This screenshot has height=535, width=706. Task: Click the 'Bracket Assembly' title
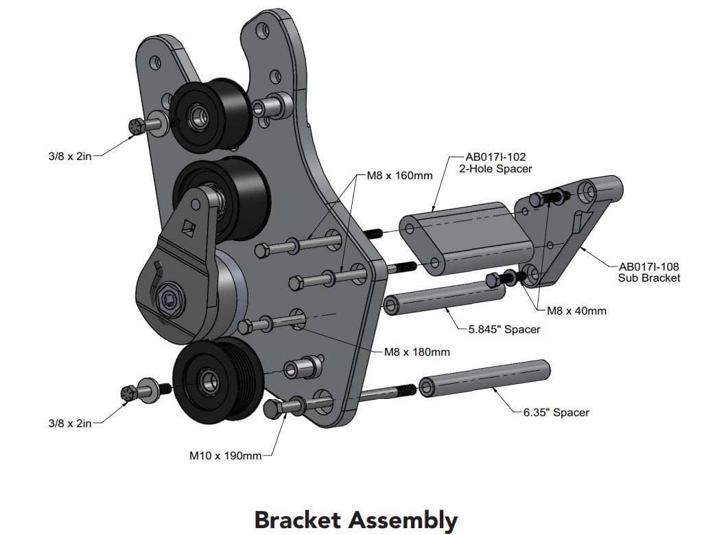355,519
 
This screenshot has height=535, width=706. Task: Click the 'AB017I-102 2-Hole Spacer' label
495,163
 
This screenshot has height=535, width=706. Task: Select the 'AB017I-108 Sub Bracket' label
649,272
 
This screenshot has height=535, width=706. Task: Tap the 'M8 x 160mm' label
400,175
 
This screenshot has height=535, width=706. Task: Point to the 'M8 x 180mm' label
417,352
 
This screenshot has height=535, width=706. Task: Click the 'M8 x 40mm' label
576,310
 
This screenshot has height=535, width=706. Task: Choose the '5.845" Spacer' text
504,329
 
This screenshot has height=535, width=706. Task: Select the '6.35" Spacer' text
556,412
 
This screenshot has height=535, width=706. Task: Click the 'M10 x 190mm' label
226,455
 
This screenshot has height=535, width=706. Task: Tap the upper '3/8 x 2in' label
69,156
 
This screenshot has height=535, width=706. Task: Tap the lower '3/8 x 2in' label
69,423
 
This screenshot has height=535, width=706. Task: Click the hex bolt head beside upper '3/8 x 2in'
135,126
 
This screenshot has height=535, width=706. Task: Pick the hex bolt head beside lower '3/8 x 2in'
128,393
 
